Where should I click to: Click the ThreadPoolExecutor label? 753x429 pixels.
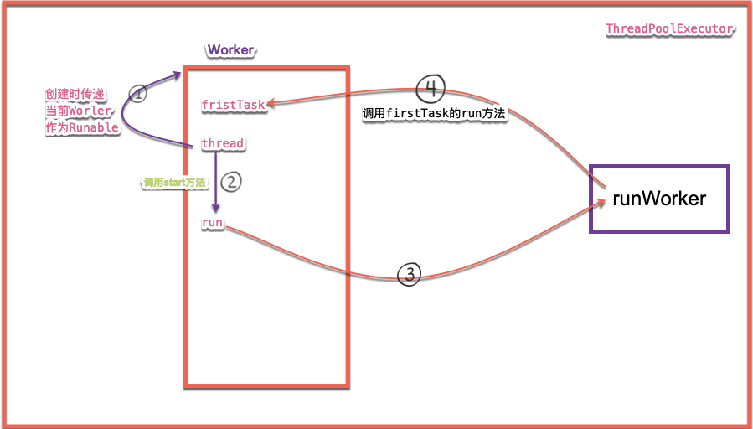point(669,29)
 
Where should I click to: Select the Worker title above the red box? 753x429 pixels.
point(230,50)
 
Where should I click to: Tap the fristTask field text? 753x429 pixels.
point(233,105)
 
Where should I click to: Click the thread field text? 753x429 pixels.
point(222,143)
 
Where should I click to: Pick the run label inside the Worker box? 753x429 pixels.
point(212,222)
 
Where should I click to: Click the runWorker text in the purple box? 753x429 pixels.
point(659,199)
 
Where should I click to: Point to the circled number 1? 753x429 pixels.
point(138,94)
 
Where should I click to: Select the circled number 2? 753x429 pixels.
point(234,179)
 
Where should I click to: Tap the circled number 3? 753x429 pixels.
point(408,274)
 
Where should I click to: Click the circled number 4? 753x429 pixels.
point(431,87)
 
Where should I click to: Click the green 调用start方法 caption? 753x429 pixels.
point(174,182)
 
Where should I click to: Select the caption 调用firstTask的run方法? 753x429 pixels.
point(433,113)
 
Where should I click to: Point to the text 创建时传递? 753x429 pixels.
point(73,95)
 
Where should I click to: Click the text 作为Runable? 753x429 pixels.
point(81,128)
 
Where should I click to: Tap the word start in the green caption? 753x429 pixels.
point(174,182)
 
